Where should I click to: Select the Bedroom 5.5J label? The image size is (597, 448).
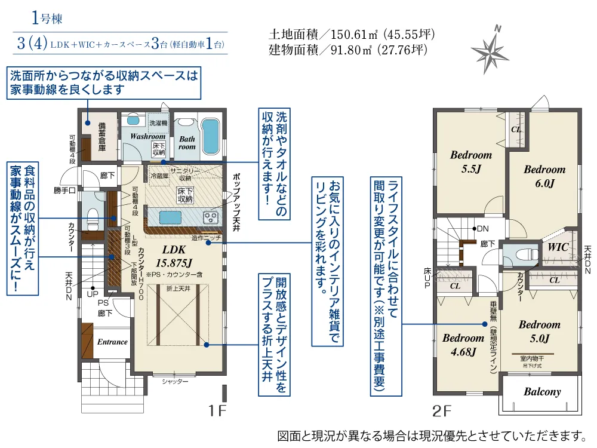[x=471, y=162]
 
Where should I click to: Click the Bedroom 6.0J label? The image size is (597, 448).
[x=544, y=177]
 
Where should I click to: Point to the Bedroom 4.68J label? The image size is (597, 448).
[x=463, y=345]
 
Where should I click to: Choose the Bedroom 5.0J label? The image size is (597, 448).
[x=539, y=332]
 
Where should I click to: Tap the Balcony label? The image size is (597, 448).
[x=542, y=392]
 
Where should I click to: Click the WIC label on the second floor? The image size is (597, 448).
[x=558, y=247]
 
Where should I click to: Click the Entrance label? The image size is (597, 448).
[x=112, y=342]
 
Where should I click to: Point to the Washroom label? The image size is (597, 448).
[x=147, y=136]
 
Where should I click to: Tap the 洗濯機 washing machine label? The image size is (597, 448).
[x=158, y=122]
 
